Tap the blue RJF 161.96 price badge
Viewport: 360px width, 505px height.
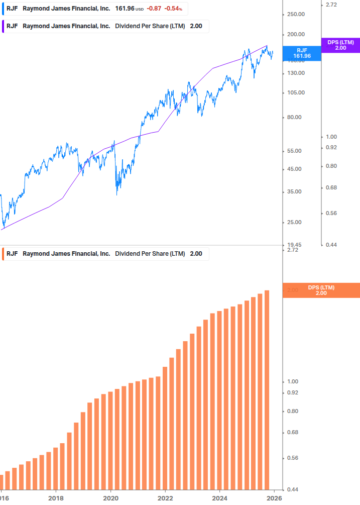pyautogui.click(x=302, y=53)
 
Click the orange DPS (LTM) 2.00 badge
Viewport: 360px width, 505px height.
pyautogui.click(x=321, y=290)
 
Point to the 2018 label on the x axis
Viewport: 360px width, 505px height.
pyautogui.click(x=56, y=498)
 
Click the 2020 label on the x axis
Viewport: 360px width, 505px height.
pyautogui.click(x=110, y=498)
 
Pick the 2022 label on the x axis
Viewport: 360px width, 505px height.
pyautogui.click(x=165, y=498)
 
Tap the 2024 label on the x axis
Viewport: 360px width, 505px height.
pyautogui.click(x=219, y=498)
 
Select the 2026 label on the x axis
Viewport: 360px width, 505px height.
pyautogui.click(x=274, y=498)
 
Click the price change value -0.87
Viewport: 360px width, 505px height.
pyautogui.click(x=154, y=9)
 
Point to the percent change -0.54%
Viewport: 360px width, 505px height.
pyautogui.click(x=173, y=9)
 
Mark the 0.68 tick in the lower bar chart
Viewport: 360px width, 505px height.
pyautogui.click(x=292, y=432)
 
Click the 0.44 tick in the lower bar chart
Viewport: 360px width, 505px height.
pyautogui.click(x=292, y=489)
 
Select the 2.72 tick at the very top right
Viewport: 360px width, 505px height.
pyautogui.click(x=331, y=5)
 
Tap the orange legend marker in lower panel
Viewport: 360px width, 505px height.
pyautogui.click(x=3, y=253)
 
